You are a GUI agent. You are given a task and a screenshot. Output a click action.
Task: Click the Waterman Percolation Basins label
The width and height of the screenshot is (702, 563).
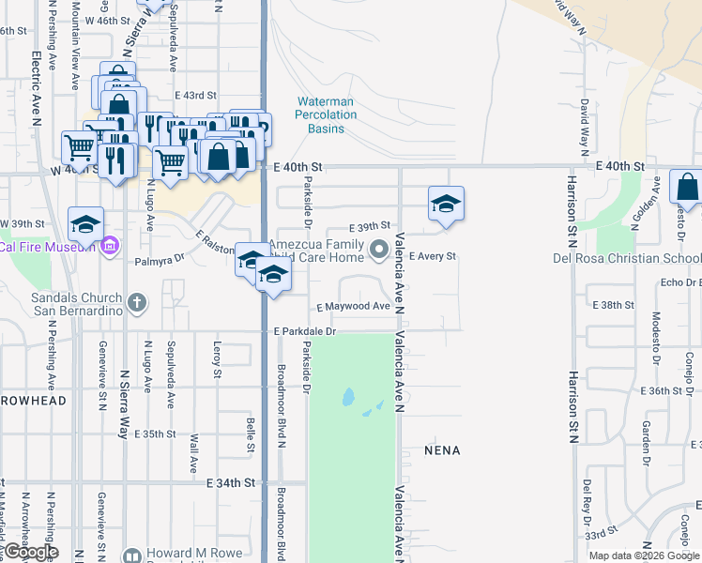coord(327,114)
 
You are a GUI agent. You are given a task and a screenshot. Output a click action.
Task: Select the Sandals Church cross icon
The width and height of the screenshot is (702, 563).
coord(137,302)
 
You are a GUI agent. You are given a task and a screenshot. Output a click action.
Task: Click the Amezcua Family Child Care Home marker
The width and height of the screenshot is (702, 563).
coord(379,250)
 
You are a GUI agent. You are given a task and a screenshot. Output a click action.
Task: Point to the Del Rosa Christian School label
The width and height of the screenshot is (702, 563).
coord(627,258)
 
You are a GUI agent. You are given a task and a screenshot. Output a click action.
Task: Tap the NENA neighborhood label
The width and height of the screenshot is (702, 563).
coord(441,450)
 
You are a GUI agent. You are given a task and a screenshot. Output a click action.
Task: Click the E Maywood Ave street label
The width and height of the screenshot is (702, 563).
coord(353,307)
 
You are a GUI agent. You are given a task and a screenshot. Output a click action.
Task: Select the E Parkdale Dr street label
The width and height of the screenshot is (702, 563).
coord(305,332)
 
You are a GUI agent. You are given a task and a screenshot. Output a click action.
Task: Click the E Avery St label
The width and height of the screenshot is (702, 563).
coord(432,256)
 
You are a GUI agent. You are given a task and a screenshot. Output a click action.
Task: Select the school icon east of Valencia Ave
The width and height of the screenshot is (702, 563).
coord(447,204)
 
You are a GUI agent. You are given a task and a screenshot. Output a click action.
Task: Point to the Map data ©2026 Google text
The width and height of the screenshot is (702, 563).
coord(645,555)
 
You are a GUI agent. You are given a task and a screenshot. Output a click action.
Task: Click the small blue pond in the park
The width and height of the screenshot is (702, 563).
coord(348,397)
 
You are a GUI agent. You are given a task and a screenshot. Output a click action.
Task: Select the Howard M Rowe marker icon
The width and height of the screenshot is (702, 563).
coord(131,555)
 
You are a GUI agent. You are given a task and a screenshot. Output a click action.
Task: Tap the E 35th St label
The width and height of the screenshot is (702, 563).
coord(155,434)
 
